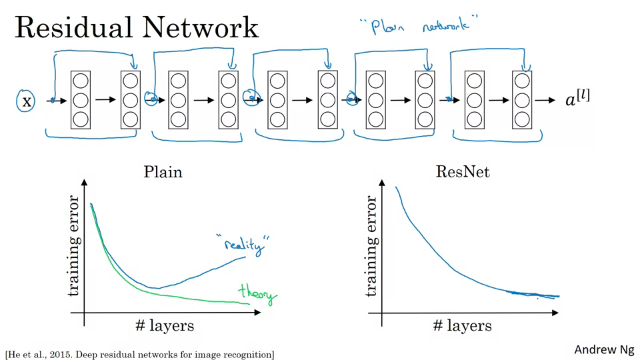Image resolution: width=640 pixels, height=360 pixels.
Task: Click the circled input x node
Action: [26, 101]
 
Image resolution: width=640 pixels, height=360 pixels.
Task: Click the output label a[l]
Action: [577, 100]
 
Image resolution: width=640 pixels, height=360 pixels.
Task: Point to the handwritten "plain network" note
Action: [414, 27]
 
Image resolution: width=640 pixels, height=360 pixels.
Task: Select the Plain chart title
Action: [163, 172]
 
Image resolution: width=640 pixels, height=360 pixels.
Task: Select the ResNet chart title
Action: [463, 172]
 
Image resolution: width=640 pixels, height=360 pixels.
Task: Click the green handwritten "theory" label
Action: [257, 294]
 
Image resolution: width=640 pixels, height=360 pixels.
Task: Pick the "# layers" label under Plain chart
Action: [164, 325]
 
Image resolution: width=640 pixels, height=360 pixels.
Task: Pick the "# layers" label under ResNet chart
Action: [462, 325]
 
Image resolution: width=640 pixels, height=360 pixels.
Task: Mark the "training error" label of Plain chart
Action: [73, 245]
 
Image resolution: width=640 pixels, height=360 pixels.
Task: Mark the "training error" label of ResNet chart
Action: [371, 245]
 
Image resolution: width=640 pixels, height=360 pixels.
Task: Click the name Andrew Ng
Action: [604, 349]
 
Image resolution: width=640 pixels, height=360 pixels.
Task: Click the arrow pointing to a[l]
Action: [545, 101]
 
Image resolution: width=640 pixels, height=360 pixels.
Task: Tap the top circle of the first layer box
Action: [80, 81]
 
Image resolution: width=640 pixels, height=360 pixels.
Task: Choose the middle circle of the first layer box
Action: [80, 101]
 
